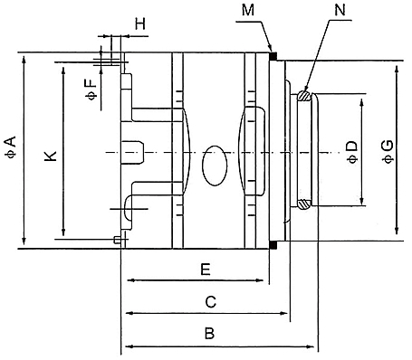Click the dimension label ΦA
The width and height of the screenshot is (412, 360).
coord(10,147)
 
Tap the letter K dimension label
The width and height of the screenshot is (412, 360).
coord(51,156)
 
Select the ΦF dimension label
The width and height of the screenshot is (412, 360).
coord(91,89)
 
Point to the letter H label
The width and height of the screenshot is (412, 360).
coord(140,24)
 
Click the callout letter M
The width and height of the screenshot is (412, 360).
coord(248,10)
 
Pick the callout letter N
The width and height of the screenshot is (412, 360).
coord(340,10)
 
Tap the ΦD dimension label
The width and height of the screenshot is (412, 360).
coord(352,152)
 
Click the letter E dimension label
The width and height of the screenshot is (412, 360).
coord(206,270)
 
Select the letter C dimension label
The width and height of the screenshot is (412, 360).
coord(211,302)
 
